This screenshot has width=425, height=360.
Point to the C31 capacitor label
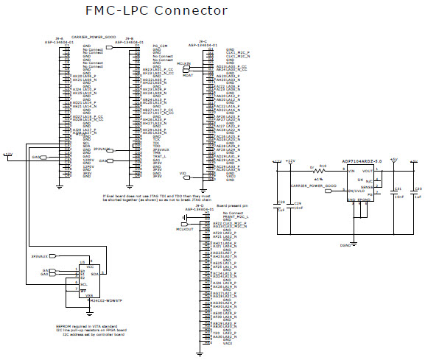point(398,188)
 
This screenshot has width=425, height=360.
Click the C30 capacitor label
point(418,188)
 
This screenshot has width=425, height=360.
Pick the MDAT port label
point(187,74)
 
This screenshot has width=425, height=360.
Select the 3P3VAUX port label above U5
point(40,277)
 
